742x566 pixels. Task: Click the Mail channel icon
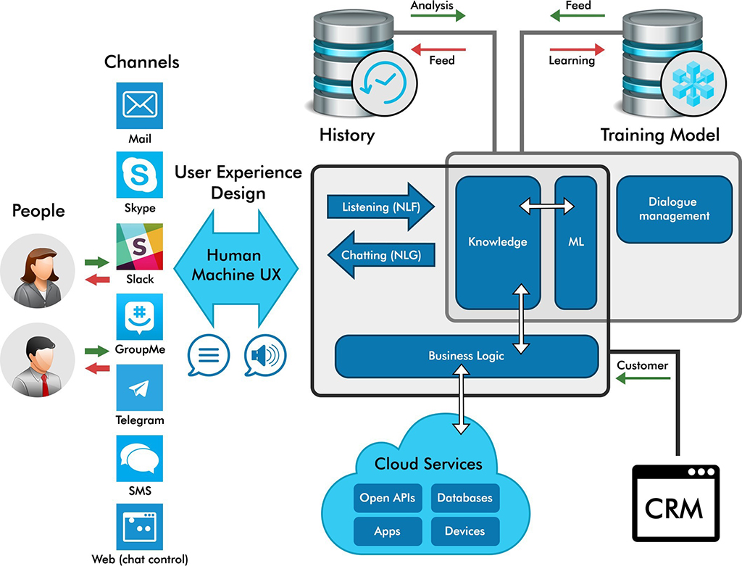tap(139, 105)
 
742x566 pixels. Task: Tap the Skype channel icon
tap(139, 175)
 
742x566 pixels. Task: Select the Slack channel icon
tap(139, 246)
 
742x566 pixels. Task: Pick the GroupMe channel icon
tap(139, 316)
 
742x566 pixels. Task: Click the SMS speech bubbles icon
tap(139, 458)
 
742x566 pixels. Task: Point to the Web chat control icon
tap(139, 528)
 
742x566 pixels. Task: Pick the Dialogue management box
tap(674, 209)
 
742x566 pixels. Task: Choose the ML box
tap(575, 242)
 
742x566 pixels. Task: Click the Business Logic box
tap(466, 356)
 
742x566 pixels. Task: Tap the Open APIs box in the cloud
tap(387, 499)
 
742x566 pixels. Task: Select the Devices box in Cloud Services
tap(464, 531)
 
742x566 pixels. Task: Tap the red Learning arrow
tap(577, 49)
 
